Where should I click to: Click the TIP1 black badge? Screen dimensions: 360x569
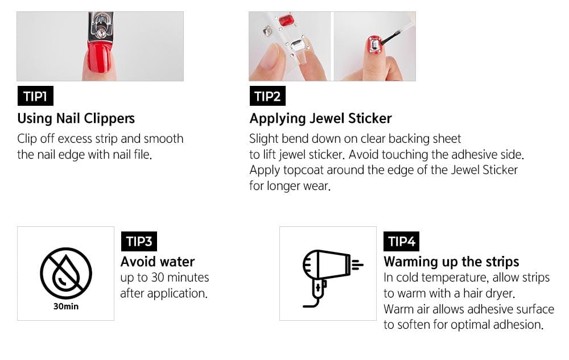point(35,96)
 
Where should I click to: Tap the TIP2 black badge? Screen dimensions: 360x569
point(267,96)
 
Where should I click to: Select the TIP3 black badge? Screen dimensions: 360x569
point(139,241)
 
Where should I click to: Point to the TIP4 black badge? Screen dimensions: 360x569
point(402,241)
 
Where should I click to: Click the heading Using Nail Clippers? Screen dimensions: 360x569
point(76,118)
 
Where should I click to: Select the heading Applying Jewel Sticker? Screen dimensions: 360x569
point(320,118)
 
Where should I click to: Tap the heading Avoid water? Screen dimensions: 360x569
point(158,262)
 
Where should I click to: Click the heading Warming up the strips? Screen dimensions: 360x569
point(451,262)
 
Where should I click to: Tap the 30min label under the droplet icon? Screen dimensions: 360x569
point(65,307)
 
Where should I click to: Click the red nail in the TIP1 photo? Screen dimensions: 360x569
point(99,59)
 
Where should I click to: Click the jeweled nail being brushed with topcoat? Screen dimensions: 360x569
point(374,46)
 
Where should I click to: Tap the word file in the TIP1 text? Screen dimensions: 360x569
point(143,154)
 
